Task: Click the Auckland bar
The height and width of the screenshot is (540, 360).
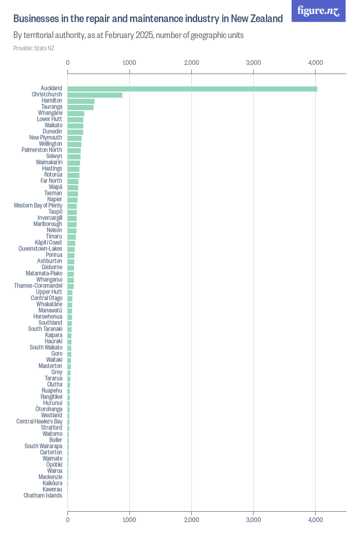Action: click(192, 88)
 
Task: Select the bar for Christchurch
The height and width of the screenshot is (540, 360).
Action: click(95, 95)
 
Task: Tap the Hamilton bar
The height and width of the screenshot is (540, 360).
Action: click(81, 101)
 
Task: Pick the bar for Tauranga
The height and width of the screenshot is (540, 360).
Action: click(81, 107)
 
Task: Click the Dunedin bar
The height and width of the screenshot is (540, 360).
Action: click(75, 132)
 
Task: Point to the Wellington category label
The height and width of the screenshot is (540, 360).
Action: click(50, 144)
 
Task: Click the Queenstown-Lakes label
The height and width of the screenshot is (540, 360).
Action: click(40, 249)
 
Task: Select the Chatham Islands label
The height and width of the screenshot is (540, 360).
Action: click(43, 496)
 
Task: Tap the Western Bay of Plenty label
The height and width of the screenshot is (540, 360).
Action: click(38, 206)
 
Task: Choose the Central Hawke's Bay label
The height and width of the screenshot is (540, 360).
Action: click(39, 422)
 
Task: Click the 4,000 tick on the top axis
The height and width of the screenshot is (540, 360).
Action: click(315, 63)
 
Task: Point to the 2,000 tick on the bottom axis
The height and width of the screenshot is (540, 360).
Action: click(191, 520)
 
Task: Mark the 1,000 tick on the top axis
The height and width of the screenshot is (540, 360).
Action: click(130, 63)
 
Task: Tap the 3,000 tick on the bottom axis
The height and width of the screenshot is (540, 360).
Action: click(254, 520)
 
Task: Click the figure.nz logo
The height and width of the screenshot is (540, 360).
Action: click(319, 11)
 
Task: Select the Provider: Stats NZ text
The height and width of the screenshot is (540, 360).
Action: click(34, 48)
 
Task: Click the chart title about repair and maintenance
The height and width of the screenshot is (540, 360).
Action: click(148, 19)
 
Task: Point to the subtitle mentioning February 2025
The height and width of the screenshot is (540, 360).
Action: click(129, 35)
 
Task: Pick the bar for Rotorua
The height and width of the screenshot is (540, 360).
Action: click(74, 175)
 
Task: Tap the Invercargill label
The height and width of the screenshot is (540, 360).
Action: click(50, 218)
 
